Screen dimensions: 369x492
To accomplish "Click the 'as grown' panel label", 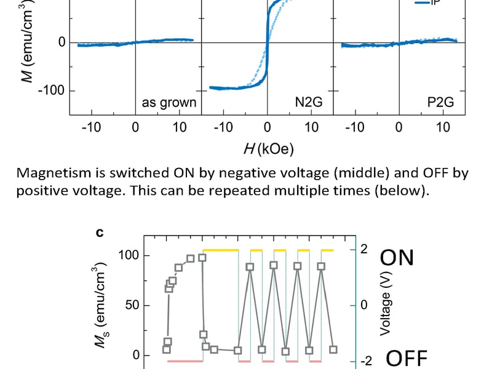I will [169, 103].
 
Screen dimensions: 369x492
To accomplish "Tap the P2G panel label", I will [440, 103].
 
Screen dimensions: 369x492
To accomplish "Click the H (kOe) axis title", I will [266, 148].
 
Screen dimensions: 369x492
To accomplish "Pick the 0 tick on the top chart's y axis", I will [62, 42].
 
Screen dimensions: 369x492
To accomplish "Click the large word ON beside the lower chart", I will [397, 258].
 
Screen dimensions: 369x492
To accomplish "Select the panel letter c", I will [100, 233].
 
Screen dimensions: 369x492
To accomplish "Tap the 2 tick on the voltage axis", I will [363, 249].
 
